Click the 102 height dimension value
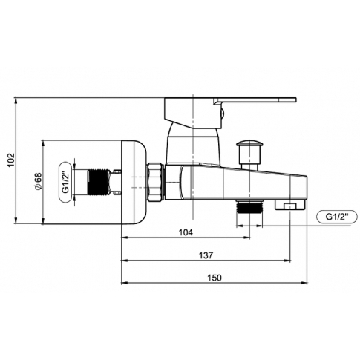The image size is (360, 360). point(11,160)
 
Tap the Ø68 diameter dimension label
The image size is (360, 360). point(39,182)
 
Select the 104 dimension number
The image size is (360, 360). point(186,232)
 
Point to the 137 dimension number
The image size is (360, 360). point(206,255)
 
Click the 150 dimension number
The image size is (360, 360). point(215,278)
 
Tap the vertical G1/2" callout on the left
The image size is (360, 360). point(65,182)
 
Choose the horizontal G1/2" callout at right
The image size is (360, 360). point(337,217)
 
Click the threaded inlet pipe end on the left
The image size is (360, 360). point(99,182)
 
